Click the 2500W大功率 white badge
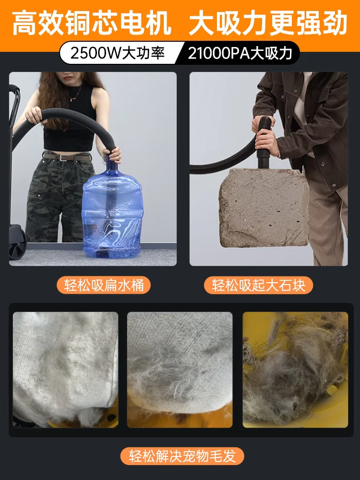(x=118, y=53)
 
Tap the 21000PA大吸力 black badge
(x=240, y=53)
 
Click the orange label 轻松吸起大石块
(x=262, y=285)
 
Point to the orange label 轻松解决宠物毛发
(x=182, y=456)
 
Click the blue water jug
(x=110, y=211)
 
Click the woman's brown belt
(x=67, y=156)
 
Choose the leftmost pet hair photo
(x=65, y=370)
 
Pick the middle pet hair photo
(x=180, y=370)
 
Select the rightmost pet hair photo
(x=295, y=370)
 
